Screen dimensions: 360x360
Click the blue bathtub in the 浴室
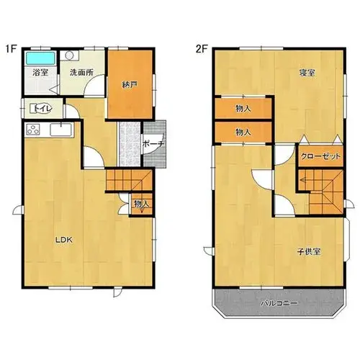[40, 58]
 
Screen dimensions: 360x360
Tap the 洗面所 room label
[81, 73]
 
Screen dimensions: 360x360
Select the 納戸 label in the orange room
[130, 84]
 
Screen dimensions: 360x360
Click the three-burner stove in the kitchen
[33, 130]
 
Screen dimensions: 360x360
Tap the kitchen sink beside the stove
[60, 130]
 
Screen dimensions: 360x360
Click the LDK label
[64, 240]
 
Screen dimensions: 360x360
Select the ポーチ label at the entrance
[153, 144]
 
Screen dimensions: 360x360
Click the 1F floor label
[11, 49]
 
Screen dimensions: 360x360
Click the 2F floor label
[202, 49]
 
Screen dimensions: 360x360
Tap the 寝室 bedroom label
[307, 73]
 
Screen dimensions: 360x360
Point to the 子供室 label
[309, 251]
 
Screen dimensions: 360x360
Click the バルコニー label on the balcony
[279, 303]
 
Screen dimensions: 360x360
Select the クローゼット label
[320, 156]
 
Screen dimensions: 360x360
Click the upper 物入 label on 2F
[243, 109]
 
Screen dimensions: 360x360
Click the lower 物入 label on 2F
[243, 132]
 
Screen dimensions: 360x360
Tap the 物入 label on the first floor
[141, 204]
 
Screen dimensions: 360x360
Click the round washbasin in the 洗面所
[69, 55]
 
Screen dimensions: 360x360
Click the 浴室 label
[40, 73]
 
